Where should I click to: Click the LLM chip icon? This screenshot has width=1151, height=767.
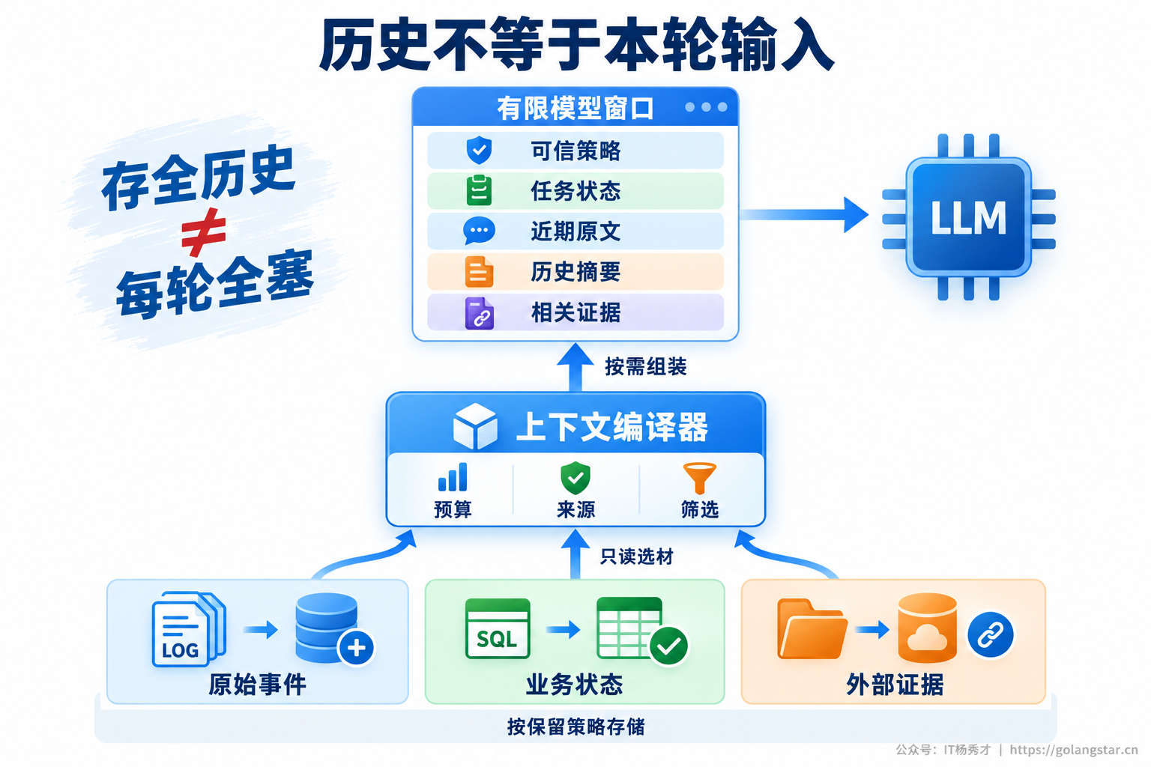coord(969,216)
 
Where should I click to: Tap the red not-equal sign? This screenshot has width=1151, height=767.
coord(204,232)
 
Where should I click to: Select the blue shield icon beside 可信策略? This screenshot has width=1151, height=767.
coord(479,150)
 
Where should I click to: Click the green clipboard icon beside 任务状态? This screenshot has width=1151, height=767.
coord(479,190)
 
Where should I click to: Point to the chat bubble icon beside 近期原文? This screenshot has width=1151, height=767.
coord(479,231)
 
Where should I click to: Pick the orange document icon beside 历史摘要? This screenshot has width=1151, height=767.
coord(479,271)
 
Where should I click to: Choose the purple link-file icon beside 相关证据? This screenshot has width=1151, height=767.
coord(479,313)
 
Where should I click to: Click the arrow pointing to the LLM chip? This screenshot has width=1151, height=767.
coord(803,215)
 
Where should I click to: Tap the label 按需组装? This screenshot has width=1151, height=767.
coord(645,367)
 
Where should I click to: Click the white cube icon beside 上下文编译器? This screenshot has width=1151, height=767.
coord(475,426)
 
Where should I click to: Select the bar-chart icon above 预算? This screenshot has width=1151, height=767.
coord(453,477)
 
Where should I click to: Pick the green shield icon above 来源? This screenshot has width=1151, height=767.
coord(575,477)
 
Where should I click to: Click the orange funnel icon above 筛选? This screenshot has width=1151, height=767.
coord(699,478)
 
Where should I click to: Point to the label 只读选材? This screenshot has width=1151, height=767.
coord(637,557)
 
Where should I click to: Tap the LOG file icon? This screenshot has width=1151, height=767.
coord(189,629)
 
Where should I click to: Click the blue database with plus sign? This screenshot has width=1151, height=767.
coord(334,629)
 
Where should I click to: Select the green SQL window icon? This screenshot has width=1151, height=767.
coord(497,628)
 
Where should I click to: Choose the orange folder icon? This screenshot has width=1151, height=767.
coord(812,629)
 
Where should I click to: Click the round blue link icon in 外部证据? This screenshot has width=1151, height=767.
coord(990,634)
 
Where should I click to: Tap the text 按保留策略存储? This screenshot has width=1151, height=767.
coord(575,727)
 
